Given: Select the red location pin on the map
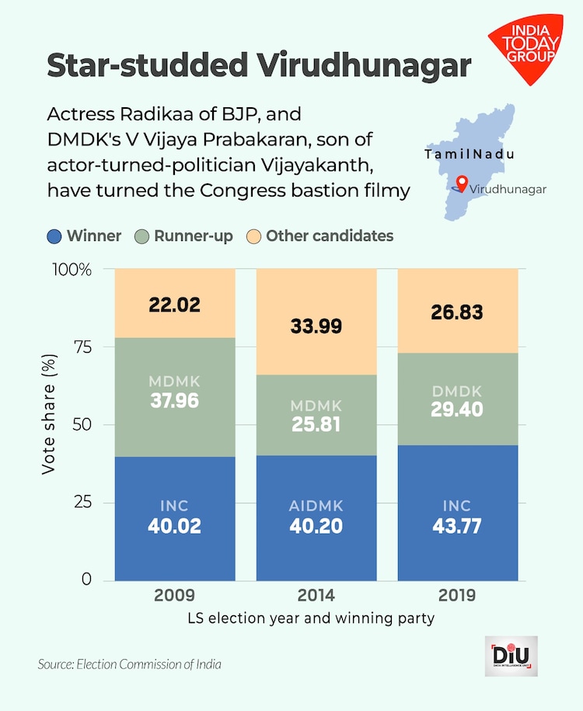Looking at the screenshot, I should click(462, 183).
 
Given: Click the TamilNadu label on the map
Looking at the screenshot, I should click(470, 155).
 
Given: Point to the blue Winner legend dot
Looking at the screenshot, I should click(54, 235).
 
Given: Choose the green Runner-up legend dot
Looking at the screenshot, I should click(141, 235).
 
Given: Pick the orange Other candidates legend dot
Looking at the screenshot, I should click(253, 235).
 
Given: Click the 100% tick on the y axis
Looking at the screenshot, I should click(72, 270).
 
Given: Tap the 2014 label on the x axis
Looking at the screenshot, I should click(316, 596).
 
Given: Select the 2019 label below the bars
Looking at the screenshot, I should click(458, 596).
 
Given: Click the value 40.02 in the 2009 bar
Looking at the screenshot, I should click(174, 526).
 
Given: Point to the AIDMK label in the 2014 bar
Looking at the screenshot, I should click(316, 507).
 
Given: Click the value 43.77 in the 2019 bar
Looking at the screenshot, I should click(458, 526).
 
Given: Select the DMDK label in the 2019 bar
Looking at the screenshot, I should click(458, 392).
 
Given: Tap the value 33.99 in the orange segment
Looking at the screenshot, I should click(316, 326).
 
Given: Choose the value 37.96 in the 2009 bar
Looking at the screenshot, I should click(174, 401).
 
